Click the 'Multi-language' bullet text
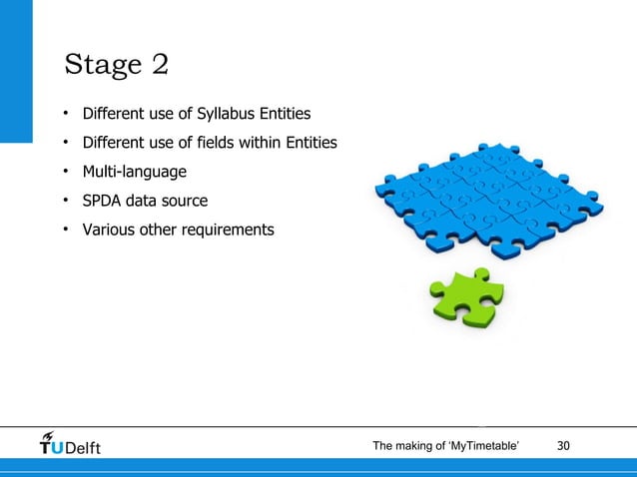[x=134, y=172]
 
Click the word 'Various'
[x=108, y=230]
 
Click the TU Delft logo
[x=70, y=443]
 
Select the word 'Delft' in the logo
[x=82, y=446]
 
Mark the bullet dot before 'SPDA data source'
[x=63, y=200]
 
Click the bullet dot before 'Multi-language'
[x=63, y=171]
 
